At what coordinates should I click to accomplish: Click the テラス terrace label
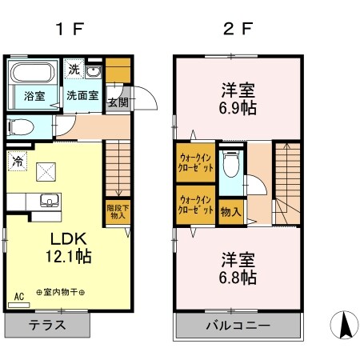coord(46,326)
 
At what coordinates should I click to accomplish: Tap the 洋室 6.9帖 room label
coord(238,98)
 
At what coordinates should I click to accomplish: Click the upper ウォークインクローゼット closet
coord(195,162)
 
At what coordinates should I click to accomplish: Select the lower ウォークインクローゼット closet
coord(195,204)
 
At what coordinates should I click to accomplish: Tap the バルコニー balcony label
coord(238,326)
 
